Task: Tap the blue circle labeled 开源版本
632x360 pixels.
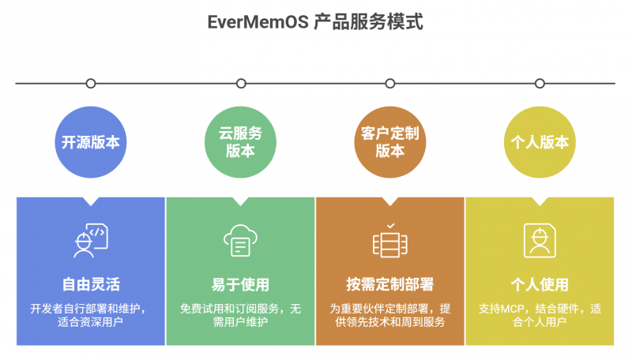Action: pyautogui.click(x=91, y=142)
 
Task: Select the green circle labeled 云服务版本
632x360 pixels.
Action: pyautogui.click(x=240, y=142)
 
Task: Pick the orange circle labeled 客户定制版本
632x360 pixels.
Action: pyautogui.click(x=389, y=142)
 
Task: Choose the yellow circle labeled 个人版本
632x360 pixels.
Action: pyautogui.click(x=540, y=142)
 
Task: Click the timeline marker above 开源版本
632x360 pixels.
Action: pyautogui.click(x=91, y=83)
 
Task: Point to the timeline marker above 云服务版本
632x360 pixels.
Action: pyautogui.click(x=240, y=83)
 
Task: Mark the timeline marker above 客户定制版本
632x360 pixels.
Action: pyautogui.click(x=389, y=83)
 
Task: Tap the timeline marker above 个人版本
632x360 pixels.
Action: pyautogui.click(x=540, y=83)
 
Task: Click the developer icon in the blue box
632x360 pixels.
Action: pyautogui.click(x=91, y=240)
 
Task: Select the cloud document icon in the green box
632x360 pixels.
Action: pyautogui.click(x=240, y=240)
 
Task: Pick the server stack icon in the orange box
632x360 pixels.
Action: pyautogui.click(x=389, y=240)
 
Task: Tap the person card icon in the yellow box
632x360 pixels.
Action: pyautogui.click(x=540, y=240)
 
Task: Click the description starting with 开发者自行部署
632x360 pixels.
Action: pyautogui.click(x=91, y=315)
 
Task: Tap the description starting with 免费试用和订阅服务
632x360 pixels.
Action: pyautogui.click(x=240, y=315)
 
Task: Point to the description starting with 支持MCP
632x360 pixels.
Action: pyautogui.click(x=540, y=315)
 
